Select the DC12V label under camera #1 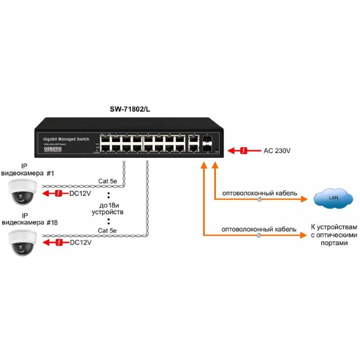[81, 194]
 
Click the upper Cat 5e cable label [108, 182]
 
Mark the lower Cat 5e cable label [108, 231]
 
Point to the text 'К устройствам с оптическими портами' [333, 234]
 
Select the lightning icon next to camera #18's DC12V [58, 243]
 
